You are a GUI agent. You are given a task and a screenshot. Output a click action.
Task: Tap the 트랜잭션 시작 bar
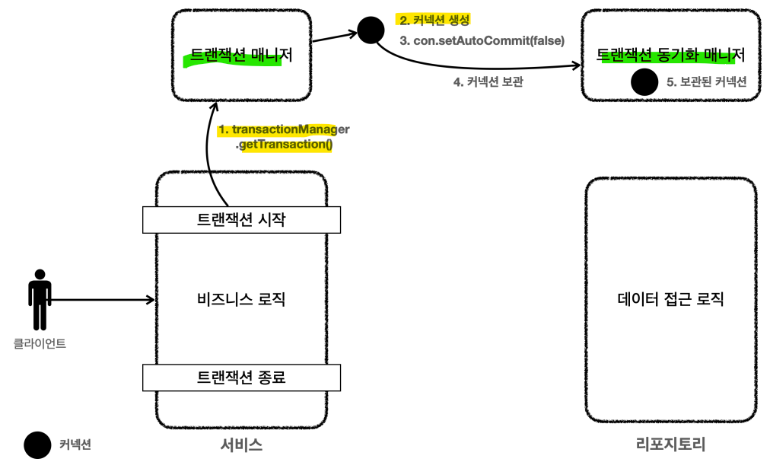(241, 220)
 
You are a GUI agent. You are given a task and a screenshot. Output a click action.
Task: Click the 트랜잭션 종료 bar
(241, 377)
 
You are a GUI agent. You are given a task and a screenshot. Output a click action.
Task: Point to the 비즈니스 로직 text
(241, 298)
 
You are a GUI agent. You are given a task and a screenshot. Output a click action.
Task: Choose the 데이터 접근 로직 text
(670, 298)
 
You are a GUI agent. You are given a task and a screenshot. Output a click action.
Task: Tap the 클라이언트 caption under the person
(40, 343)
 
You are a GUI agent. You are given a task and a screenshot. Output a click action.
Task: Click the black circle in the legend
(37, 445)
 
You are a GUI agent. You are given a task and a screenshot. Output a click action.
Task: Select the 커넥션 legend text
(75, 445)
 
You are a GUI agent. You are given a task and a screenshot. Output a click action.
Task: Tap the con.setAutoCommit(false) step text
(482, 40)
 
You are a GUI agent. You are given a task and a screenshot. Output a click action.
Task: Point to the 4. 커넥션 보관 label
(488, 83)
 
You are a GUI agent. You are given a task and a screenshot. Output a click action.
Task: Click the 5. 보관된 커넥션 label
(707, 82)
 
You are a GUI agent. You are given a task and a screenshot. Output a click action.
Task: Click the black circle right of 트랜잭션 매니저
(371, 30)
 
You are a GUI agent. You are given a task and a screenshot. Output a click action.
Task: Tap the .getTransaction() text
(286, 144)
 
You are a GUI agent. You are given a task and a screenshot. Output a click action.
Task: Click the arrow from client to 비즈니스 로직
(103, 300)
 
